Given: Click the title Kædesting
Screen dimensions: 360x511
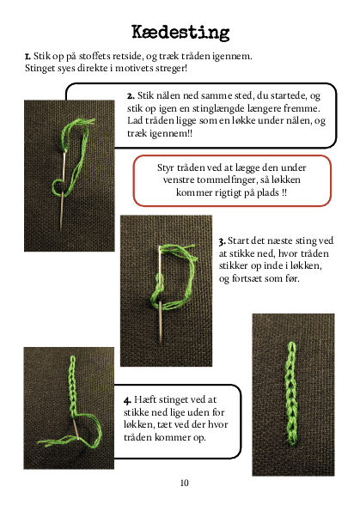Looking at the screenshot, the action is [x=180, y=33].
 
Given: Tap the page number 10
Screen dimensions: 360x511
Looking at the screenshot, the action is [x=184, y=483].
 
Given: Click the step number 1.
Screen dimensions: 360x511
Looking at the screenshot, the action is [x=27, y=57].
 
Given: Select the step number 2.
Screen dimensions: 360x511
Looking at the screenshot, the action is [x=131, y=96].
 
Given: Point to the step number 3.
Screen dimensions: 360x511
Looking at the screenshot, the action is [x=222, y=241].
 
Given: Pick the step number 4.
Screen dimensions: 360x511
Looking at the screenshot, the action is [x=127, y=400].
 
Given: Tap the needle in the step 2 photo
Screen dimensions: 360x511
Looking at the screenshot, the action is [x=62, y=191].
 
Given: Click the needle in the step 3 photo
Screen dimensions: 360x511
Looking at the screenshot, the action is [x=160, y=295].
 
